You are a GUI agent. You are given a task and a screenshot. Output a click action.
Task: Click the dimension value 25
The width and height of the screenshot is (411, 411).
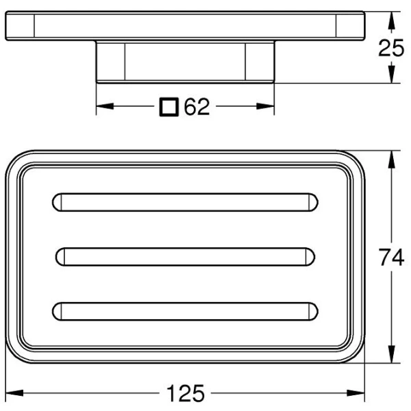tap(392, 48)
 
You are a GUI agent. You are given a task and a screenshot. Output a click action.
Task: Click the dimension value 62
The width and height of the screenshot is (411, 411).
tap(197, 107)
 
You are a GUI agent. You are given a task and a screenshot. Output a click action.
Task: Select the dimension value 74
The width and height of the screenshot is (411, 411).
tap(392, 259)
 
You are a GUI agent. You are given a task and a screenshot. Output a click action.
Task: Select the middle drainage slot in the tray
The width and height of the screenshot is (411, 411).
tap(185, 256)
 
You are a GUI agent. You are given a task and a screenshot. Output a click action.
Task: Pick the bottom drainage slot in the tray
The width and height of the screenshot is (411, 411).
tap(185, 310)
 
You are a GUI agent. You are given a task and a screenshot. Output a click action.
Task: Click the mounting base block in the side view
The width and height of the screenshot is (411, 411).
tap(185, 62)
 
